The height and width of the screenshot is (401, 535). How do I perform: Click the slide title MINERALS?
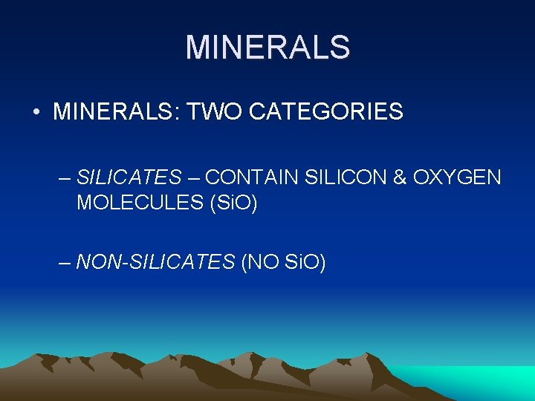coord(267,47)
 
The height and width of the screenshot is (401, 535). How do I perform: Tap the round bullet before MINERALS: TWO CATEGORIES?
coord(36,113)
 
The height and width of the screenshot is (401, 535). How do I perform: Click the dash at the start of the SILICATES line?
coord(65,178)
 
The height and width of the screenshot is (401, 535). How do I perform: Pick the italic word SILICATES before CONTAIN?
coord(129,177)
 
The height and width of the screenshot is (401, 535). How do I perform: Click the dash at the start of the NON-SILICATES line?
coord(65,262)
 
